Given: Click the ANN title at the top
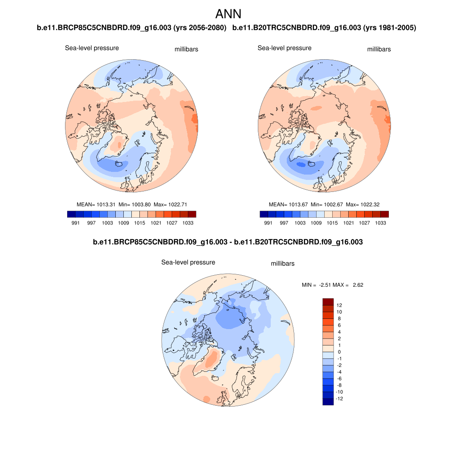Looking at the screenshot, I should [x=228, y=14].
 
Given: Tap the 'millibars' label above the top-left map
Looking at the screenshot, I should [x=186, y=49].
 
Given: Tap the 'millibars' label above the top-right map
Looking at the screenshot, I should [x=379, y=49].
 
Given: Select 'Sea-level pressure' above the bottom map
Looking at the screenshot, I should [x=188, y=262].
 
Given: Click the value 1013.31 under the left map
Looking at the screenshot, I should [x=106, y=204].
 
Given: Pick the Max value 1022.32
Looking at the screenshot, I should [x=368, y=204].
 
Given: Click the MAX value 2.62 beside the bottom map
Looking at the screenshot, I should [x=358, y=285].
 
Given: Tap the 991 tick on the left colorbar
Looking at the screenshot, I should [x=75, y=223].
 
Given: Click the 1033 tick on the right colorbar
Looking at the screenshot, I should [x=380, y=223].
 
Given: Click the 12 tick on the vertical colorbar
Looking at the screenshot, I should [x=339, y=305].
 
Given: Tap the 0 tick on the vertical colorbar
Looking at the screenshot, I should [x=339, y=352].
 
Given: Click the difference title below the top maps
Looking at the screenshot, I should [x=228, y=242].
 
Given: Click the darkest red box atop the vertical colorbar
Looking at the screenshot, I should [x=328, y=302].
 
